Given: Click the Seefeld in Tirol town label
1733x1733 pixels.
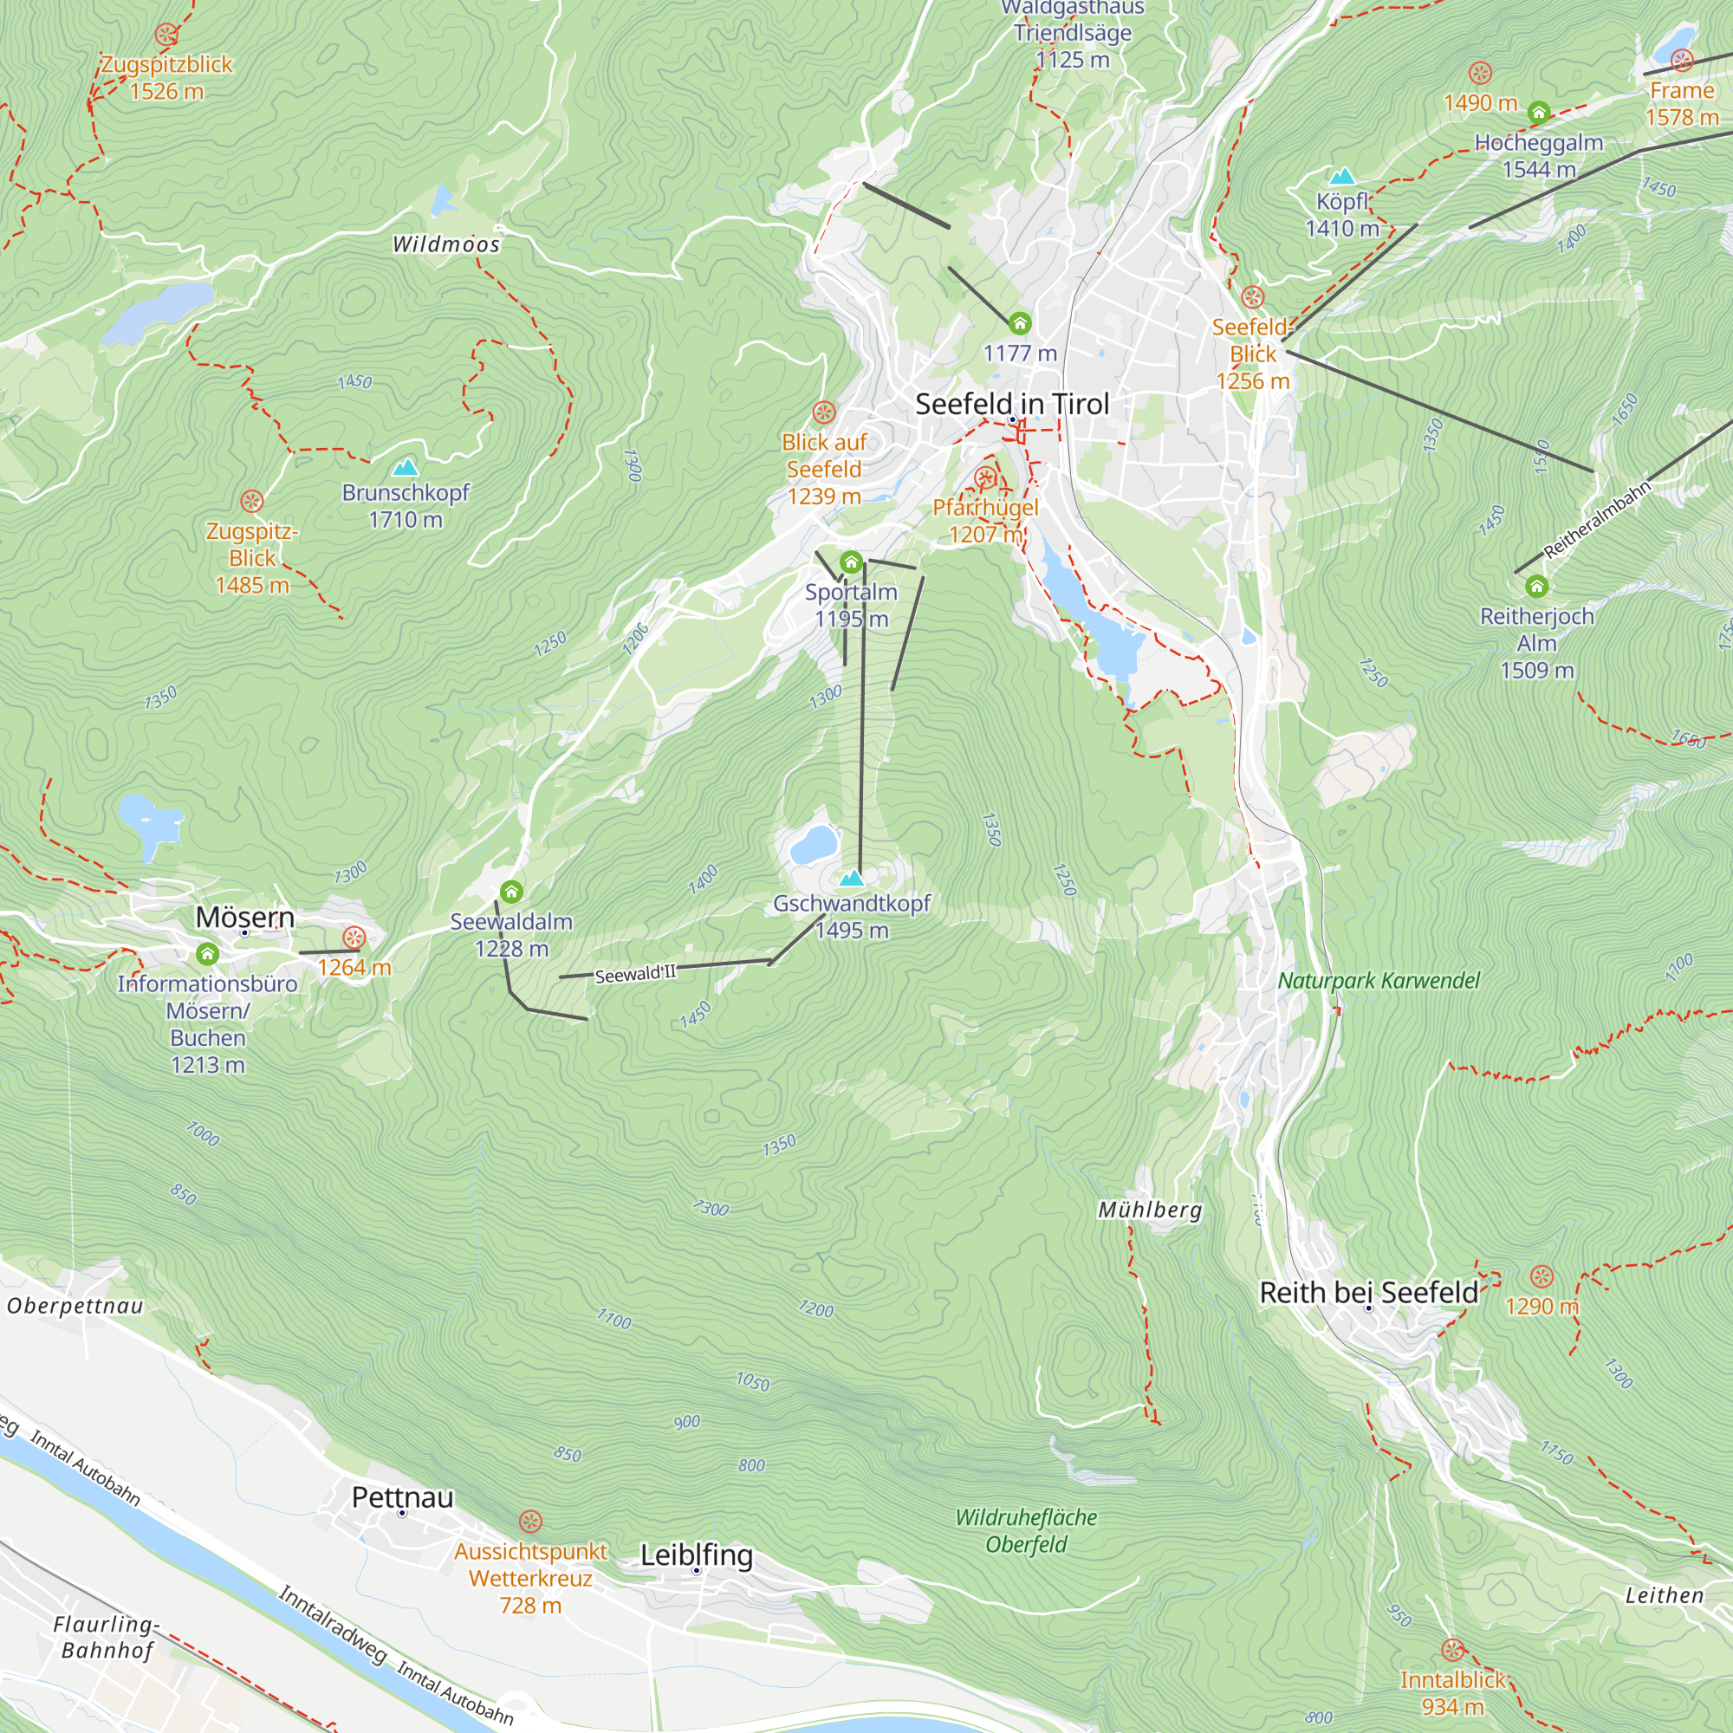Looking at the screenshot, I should [x=1012, y=405].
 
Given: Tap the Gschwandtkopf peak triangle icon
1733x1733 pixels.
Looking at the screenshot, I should [x=851, y=877].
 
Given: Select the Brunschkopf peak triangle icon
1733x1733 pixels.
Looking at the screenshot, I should [x=406, y=467].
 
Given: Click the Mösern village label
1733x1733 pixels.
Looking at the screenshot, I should [x=245, y=917].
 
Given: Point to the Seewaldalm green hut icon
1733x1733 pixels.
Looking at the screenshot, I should [x=511, y=892].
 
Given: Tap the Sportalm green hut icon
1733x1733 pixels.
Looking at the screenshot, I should [x=850, y=563].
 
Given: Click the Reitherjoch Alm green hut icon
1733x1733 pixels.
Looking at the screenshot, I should [x=1536, y=587].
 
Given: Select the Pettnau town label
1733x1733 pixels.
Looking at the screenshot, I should [x=402, y=1497].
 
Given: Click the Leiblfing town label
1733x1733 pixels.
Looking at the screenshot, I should [x=696, y=1555].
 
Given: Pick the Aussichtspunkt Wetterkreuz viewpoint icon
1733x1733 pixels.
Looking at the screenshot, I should [x=530, y=1522].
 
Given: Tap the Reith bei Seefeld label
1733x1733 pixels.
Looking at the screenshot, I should [x=1368, y=1293].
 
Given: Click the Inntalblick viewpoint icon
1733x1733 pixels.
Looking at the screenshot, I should [x=1452, y=1651].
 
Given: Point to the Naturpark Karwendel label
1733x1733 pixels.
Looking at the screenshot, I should [x=1378, y=980].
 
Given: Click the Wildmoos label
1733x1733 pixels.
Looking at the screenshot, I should [x=445, y=244].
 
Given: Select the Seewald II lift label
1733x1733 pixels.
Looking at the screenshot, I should [x=635, y=974].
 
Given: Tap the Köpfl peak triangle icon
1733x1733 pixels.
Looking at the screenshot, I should [x=1342, y=176].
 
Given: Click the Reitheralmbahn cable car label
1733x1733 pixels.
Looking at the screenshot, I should [x=1597, y=519].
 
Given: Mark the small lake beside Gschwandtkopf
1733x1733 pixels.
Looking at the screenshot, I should [x=814, y=844].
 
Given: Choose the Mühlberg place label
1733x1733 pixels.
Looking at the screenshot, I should [x=1150, y=1210].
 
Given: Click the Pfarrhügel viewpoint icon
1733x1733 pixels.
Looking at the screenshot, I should [x=985, y=477].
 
